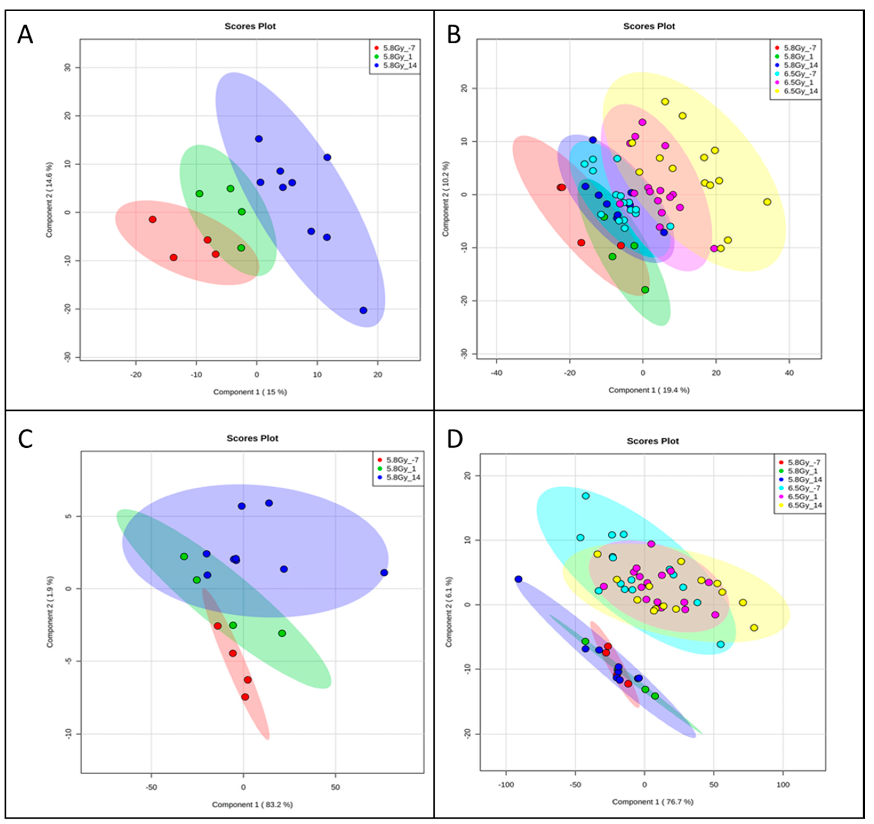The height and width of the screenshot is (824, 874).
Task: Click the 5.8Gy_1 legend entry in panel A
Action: pyautogui.click(x=395, y=57)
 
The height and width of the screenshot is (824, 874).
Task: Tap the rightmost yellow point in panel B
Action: pyautogui.click(x=767, y=202)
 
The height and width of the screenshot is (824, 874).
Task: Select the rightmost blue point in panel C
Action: pyautogui.click(x=384, y=573)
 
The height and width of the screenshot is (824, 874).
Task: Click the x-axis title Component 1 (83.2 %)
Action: pyautogui.click(x=252, y=805)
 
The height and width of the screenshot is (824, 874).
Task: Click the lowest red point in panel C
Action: pyautogui.click(x=245, y=697)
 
